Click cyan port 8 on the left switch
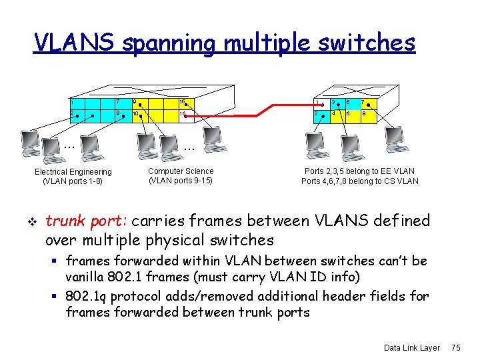(x=120, y=115)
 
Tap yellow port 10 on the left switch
(x=138, y=115)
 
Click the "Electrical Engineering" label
(x=73, y=172)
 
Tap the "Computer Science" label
(x=181, y=171)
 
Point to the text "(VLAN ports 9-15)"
(x=181, y=181)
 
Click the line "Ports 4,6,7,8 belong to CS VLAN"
(x=360, y=181)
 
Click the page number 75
(x=456, y=347)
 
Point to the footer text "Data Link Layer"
(x=412, y=347)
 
